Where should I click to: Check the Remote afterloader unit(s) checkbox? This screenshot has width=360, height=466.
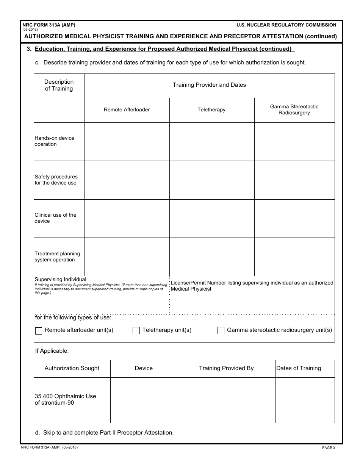[x=39, y=331]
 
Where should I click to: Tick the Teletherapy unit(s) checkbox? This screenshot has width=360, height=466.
[x=136, y=331]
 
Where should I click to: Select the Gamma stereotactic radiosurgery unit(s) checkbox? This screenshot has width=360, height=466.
[x=221, y=331]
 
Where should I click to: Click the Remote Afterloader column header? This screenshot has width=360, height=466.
[x=127, y=110]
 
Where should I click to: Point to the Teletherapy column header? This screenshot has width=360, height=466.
[x=211, y=110]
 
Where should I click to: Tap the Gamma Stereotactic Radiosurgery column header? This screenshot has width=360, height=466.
[x=294, y=110]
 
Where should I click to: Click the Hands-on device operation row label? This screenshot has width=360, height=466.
[x=54, y=141]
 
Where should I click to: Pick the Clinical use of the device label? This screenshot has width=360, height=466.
[x=55, y=218]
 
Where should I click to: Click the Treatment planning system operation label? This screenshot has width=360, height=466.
[x=57, y=257]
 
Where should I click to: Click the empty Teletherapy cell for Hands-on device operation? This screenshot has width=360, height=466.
[x=211, y=142]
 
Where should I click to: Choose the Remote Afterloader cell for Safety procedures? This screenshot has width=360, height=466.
[x=127, y=180]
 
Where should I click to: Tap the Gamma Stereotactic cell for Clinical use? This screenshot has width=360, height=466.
[x=294, y=219]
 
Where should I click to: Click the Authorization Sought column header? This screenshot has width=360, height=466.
[x=72, y=368]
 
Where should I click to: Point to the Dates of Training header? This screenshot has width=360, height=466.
[x=299, y=368]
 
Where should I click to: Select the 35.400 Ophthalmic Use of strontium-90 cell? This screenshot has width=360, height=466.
[x=65, y=400]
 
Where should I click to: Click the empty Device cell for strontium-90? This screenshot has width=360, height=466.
[x=144, y=400]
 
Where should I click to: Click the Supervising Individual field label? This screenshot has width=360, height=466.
[x=60, y=280]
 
